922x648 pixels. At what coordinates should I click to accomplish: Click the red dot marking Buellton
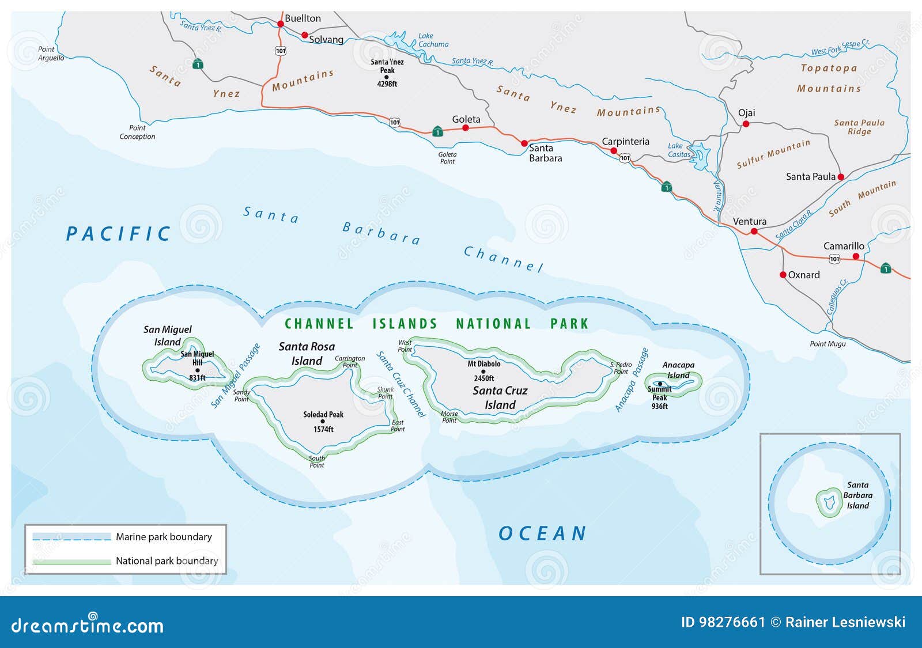[x=281, y=24]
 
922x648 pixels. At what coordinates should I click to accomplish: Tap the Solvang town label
[x=326, y=40]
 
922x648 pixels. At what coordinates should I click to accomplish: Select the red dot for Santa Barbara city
[x=524, y=143]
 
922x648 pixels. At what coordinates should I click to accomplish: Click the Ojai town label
[x=746, y=113]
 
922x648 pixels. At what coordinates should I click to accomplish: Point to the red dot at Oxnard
[x=783, y=275]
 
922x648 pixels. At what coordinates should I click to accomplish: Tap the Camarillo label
[x=844, y=246]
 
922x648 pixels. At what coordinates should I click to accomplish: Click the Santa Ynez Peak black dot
[x=386, y=77]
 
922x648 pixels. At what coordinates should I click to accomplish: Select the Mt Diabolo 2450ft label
[x=484, y=370]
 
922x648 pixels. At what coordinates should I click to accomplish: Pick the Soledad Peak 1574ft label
[x=323, y=422]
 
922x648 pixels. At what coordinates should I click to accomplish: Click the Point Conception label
[x=137, y=132]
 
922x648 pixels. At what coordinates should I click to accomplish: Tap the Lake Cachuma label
[x=433, y=40]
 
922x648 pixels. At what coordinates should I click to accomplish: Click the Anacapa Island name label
[x=678, y=370]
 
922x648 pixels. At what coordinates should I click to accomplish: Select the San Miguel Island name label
[x=167, y=335]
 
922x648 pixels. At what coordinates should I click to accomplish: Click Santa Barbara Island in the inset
[x=829, y=502]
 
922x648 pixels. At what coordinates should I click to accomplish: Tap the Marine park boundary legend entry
[x=164, y=537]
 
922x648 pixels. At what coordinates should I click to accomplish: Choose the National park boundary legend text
[x=167, y=561]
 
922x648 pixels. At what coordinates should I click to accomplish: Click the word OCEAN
[x=542, y=533]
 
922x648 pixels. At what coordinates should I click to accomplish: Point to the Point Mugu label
[x=827, y=344]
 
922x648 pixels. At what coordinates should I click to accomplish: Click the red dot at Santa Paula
[x=840, y=177]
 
